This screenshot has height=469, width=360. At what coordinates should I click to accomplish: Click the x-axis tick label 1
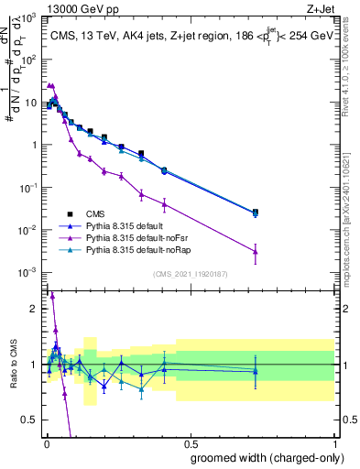[334, 442]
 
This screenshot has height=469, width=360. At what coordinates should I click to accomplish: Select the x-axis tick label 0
[46, 442]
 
